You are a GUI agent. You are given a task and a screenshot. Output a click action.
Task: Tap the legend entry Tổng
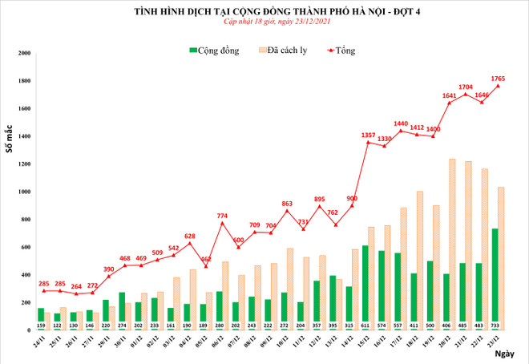tap(342, 51)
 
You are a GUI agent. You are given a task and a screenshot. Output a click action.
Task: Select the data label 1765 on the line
tap(499, 78)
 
